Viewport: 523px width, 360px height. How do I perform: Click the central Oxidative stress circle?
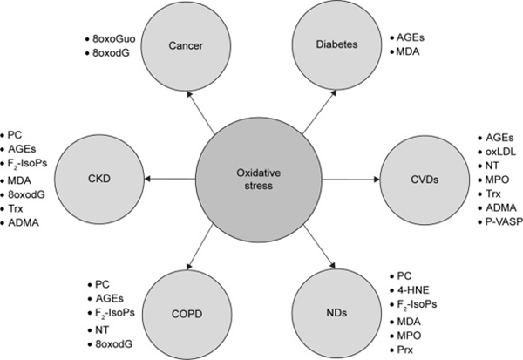pos(259,180)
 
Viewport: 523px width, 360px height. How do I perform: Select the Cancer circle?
pos(186,45)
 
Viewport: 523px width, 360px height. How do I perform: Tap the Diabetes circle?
pos(336,44)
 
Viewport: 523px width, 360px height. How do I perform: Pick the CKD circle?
pos(99,179)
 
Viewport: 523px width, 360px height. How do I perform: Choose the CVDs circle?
pos(425,180)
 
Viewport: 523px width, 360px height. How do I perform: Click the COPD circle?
pos(187,314)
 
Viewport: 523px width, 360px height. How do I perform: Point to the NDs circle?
pos(336,313)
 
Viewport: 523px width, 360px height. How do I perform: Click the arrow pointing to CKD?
pos(170,180)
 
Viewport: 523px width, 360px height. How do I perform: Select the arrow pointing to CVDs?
pos(351,180)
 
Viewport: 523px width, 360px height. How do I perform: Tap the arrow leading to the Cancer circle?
pos(200,112)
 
